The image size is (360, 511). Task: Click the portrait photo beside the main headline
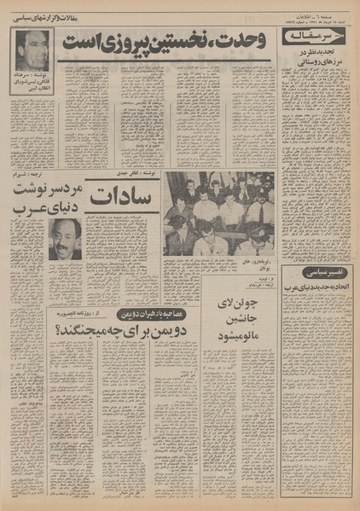(x=32, y=51)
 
